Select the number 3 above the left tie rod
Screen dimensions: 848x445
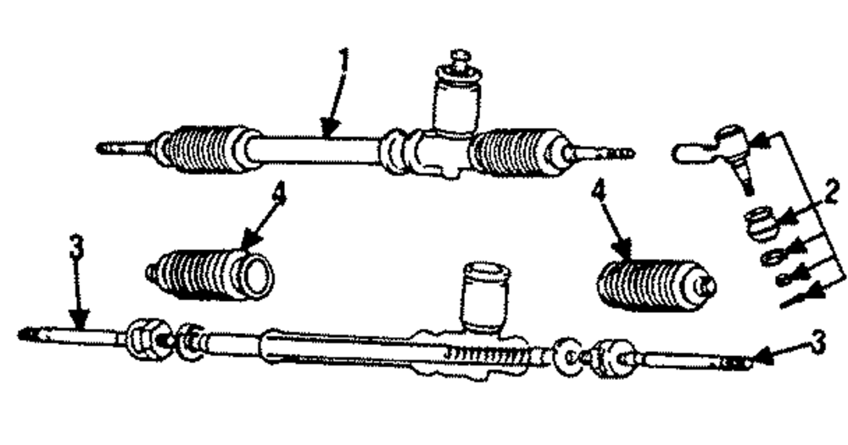point(76,248)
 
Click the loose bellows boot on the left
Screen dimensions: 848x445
point(212,273)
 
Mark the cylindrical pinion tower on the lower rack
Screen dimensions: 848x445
point(485,297)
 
